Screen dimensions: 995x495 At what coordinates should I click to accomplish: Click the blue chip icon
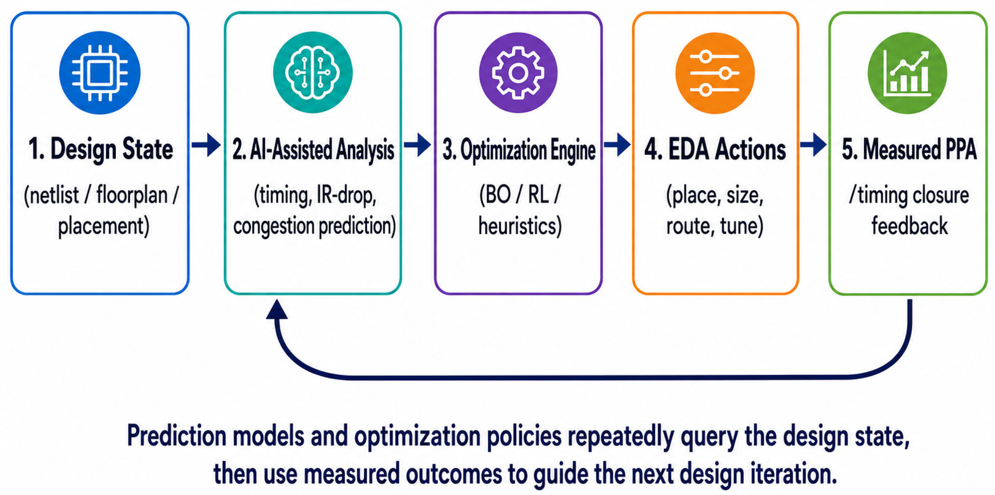100,73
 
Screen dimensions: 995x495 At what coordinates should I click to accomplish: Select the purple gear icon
518,73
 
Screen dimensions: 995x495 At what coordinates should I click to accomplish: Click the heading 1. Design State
101,149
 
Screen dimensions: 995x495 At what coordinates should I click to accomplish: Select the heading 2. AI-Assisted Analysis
313,150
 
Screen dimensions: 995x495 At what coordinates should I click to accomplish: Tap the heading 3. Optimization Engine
519,150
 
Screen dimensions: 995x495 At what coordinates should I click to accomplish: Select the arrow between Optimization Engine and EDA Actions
617,145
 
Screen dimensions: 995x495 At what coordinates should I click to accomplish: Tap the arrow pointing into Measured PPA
813,145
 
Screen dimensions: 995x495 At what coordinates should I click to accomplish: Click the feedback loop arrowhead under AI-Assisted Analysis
277,310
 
